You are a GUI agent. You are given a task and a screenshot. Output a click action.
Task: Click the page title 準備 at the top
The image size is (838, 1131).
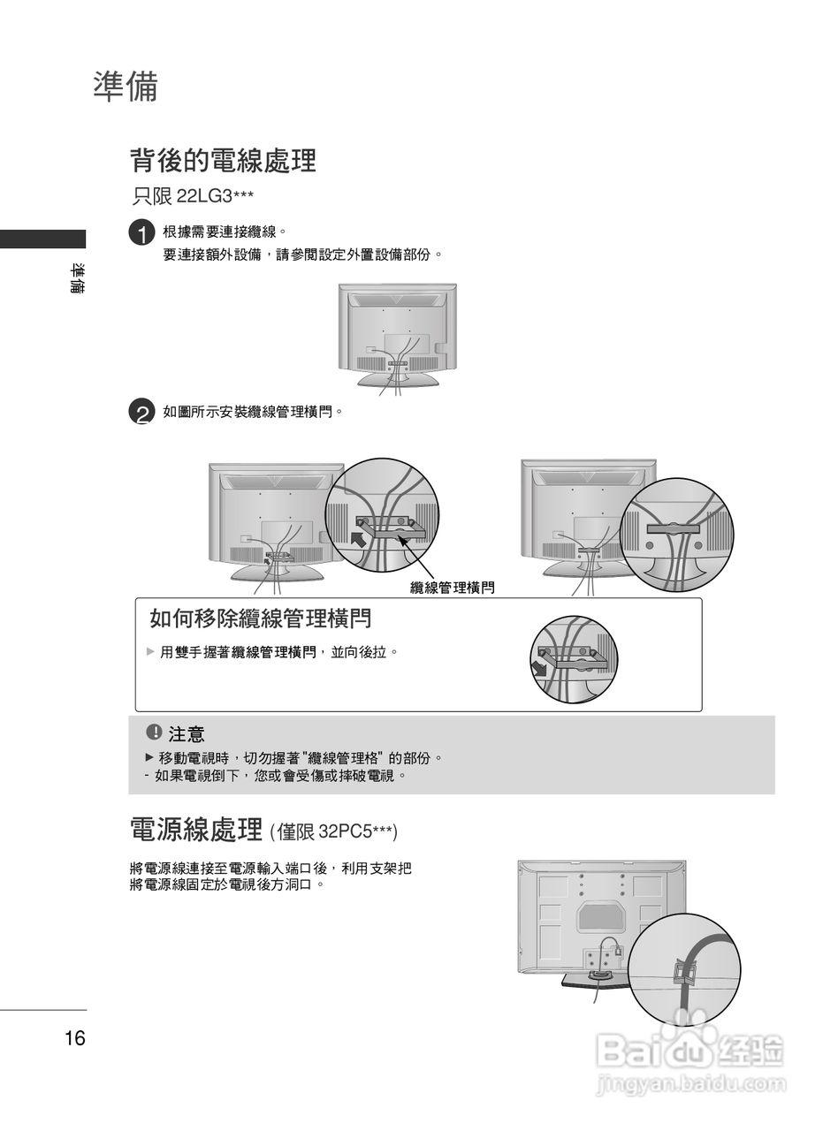point(126,87)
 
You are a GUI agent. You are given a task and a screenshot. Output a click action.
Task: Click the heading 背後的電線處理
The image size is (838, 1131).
point(223,161)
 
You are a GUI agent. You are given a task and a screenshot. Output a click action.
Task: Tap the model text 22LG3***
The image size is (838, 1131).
point(216,195)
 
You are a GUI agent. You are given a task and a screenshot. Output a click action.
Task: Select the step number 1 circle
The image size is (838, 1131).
point(141,234)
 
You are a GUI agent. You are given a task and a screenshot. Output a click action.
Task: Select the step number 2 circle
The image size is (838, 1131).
point(141,413)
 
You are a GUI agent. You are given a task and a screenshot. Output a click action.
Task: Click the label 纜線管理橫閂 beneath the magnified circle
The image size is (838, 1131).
point(452,588)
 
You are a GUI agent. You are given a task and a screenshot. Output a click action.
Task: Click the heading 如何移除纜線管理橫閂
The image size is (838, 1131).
point(260,619)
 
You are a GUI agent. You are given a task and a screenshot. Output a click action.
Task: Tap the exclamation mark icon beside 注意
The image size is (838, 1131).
point(154,732)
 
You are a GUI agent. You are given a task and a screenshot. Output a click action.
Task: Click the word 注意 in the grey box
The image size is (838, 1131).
point(187,733)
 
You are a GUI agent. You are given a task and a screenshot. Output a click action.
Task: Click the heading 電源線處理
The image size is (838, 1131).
point(195,829)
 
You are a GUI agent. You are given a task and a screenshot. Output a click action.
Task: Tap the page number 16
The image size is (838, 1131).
point(75,1038)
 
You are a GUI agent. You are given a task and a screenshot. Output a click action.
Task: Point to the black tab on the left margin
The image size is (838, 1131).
point(42,239)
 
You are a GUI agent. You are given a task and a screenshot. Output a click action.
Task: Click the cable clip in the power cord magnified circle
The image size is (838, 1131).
point(681,971)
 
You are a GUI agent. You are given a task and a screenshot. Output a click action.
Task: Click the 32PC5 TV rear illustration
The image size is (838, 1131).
point(601,919)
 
